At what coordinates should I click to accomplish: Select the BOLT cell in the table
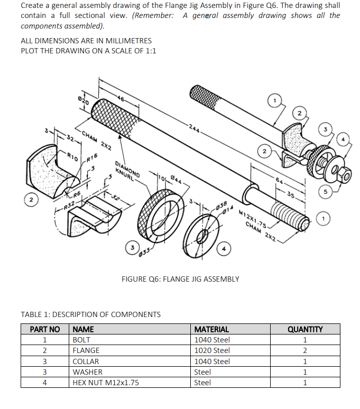pos(81,340)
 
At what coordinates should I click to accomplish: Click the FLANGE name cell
pos(86,350)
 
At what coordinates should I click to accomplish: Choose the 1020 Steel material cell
pos(212,350)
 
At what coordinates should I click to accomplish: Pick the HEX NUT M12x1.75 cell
pos(106,383)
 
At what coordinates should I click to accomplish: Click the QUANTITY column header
pos(305,329)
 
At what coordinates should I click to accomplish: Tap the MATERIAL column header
pos(212,329)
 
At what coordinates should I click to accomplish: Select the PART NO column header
pos(45,329)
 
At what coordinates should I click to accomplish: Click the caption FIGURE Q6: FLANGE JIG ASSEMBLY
pos(180,279)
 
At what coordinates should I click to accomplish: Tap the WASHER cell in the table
pos(87,372)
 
